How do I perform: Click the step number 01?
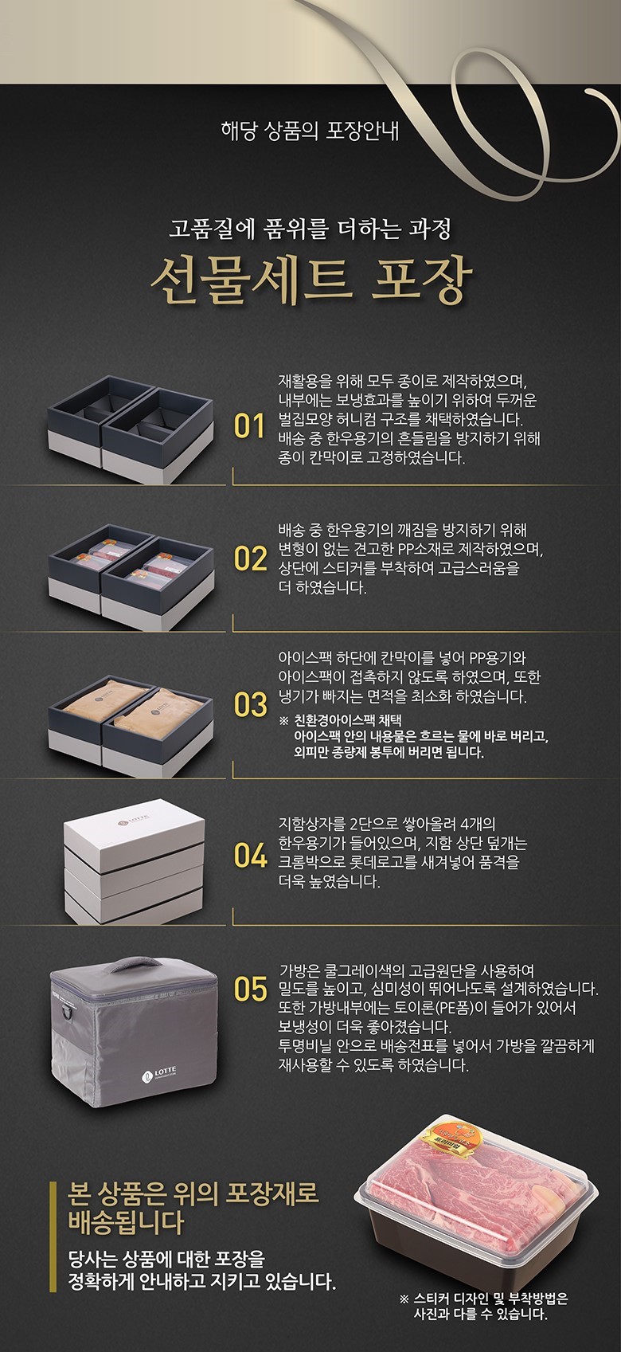249,426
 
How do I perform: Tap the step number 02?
250,558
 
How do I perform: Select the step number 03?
250,705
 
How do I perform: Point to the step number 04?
250,856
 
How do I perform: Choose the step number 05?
250,990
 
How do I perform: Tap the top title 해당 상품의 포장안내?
310,131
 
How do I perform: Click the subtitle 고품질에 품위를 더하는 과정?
310,229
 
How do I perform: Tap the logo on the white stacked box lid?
133,821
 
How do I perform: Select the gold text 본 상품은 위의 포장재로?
193,1193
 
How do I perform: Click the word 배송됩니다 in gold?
126,1222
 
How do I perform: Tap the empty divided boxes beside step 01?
131,429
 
